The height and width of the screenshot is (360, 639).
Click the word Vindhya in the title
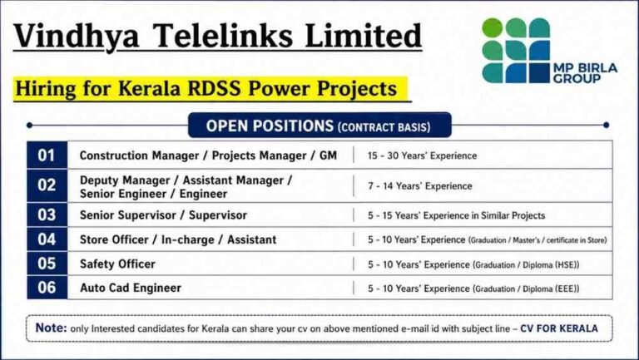tap(76, 36)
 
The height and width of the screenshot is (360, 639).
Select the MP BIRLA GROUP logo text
tap(586, 73)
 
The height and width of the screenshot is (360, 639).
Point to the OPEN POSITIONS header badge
tap(319, 126)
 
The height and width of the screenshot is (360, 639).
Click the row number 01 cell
tap(47, 155)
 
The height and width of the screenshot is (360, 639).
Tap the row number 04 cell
tap(47, 239)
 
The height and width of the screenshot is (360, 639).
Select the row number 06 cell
tap(47, 288)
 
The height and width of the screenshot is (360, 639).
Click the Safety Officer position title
tap(117, 264)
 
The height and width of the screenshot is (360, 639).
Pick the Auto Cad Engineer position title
tap(131, 288)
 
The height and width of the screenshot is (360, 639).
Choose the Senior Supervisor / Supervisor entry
tap(163, 215)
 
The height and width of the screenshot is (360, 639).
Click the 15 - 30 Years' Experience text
tap(422, 155)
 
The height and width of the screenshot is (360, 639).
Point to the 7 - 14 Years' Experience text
tap(420, 186)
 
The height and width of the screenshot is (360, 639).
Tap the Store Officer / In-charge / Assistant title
tap(178, 239)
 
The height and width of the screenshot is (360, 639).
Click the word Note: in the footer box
tap(52, 328)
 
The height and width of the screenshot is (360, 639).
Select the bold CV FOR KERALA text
tap(559, 328)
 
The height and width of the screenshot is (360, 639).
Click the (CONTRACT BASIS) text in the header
tap(384, 127)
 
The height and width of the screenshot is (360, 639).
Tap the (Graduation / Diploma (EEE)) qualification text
tap(526, 288)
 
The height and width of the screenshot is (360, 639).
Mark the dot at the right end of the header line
tap(607, 125)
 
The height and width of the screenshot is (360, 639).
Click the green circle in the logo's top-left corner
tap(493, 28)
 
